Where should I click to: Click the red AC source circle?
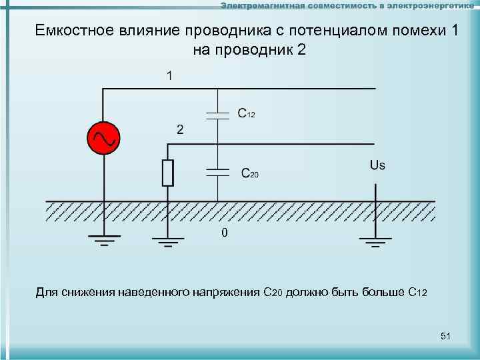pyautogui.click(x=103, y=138)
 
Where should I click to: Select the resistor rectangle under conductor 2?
pyautogui.click(x=167, y=172)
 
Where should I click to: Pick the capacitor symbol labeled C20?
pyautogui.click(x=217, y=171)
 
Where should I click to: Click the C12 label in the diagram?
pyautogui.click(x=246, y=114)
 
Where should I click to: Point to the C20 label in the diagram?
pyautogui.click(x=249, y=174)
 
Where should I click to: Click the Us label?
pyautogui.click(x=377, y=165)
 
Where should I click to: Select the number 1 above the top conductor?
pyautogui.click(x=171, y=76)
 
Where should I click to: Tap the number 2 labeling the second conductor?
pyautogui.click(x=179, y=129)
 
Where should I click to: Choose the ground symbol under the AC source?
pyautogui.click(x=103, y=240)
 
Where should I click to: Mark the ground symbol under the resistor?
pyautogui.click(x=167, y=241)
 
